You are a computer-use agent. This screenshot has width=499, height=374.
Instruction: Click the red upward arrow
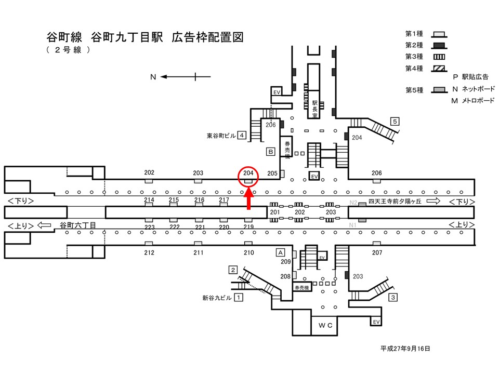point(249,199)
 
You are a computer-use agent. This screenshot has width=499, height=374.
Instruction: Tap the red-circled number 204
point(248,173)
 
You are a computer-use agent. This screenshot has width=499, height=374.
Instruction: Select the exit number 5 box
point(395,121)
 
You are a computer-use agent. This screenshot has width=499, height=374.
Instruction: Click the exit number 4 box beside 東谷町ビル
point(242,135)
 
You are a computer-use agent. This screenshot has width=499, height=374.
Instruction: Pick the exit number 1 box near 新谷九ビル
point(239,297)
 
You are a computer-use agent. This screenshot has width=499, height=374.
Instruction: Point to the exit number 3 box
point(393,297)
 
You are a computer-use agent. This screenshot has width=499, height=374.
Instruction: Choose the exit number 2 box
point(233,270)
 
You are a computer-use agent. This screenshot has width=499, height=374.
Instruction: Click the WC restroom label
point(325,325)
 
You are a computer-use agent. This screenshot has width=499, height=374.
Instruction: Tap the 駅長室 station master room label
point(314,109)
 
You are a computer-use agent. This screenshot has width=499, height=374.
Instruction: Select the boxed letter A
point(280,252)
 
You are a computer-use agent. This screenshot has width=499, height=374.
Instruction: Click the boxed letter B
point(270,151)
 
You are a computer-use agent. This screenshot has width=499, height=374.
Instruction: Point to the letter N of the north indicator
point(153,77)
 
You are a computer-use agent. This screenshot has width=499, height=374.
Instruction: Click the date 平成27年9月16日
point(405,349)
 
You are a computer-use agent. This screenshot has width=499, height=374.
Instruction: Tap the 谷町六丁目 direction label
point(78,225)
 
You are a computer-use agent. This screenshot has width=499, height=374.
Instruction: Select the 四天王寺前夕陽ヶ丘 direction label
point(395,202)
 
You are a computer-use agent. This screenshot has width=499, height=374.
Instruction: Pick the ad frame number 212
point(149,253)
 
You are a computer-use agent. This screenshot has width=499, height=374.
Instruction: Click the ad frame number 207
point(377,253)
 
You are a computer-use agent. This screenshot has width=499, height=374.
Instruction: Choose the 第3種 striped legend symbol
point(439,57)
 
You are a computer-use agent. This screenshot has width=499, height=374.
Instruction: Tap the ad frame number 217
point(224,199)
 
